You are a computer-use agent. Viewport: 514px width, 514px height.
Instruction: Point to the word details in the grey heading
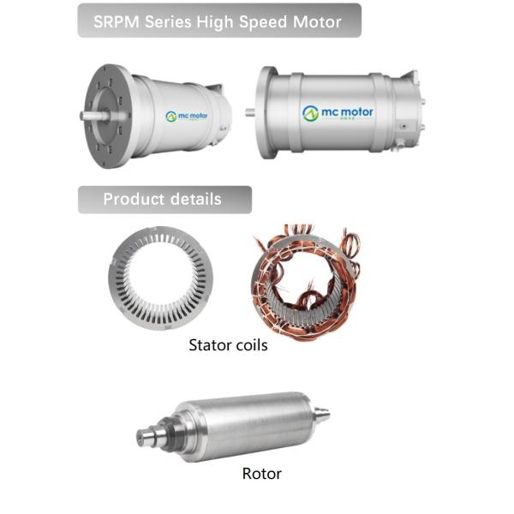(194, 200)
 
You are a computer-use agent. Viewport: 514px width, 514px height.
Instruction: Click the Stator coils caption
(228, 346)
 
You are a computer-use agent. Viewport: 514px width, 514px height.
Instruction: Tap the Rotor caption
(261, 474)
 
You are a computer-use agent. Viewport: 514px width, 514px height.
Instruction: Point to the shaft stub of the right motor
(250, 111)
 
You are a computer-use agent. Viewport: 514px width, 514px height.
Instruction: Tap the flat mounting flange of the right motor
(267, 111)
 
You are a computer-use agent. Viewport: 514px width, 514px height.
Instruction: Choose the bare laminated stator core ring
(164, 278)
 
